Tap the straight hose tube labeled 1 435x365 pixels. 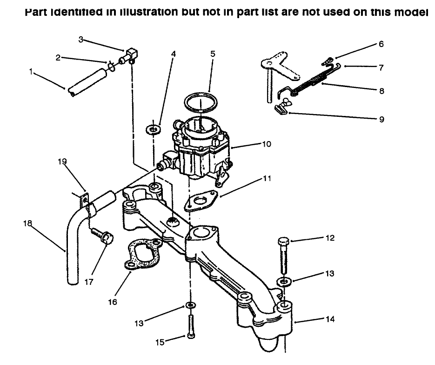pyautogui.click(x=87, y=83)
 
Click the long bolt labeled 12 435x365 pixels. pyautogui.click(x=284, y=256)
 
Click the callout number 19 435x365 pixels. pyautogui.click(x=62, y=162)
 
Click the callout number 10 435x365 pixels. pyautogui.click(x=266, y=144)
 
